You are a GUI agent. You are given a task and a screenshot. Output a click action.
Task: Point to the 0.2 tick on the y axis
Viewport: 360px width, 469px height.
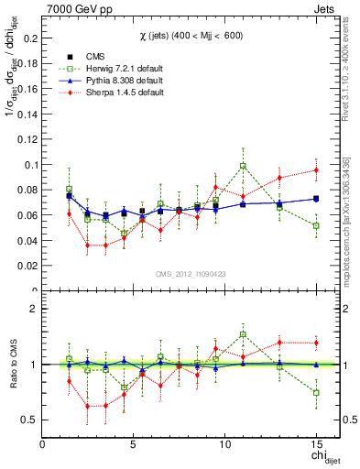tap(31, 38)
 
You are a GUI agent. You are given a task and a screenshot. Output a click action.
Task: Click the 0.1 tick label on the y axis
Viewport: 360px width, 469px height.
tap(31, 165)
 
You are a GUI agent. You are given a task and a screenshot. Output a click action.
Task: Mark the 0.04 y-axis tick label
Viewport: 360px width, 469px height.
tap(28, 240)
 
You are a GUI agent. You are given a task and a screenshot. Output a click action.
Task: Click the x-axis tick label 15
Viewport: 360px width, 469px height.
tap(315, 444)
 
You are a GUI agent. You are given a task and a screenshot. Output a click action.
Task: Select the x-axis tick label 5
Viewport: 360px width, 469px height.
tap(134, 444)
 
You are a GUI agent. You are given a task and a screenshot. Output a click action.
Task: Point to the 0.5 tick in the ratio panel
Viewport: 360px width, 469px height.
tap(31, 420)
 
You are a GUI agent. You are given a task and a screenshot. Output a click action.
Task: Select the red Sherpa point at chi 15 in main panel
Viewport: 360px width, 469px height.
tap(315, 169)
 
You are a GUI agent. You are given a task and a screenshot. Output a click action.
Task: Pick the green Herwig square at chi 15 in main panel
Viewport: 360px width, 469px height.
tap(315, 225)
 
